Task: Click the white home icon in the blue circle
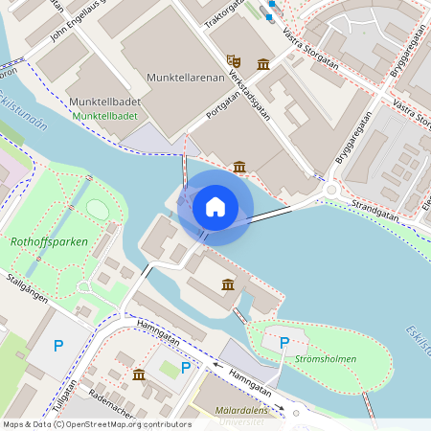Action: click(215, 206)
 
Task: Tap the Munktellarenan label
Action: click(186, 76)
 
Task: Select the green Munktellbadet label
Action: click(104, 116)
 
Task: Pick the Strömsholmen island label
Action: click(325, 359)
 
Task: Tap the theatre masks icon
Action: click(233, 59)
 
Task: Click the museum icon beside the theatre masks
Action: click(263, 64)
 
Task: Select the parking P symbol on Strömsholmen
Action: click(284, 342)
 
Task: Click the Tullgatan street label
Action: click(64, 395)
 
